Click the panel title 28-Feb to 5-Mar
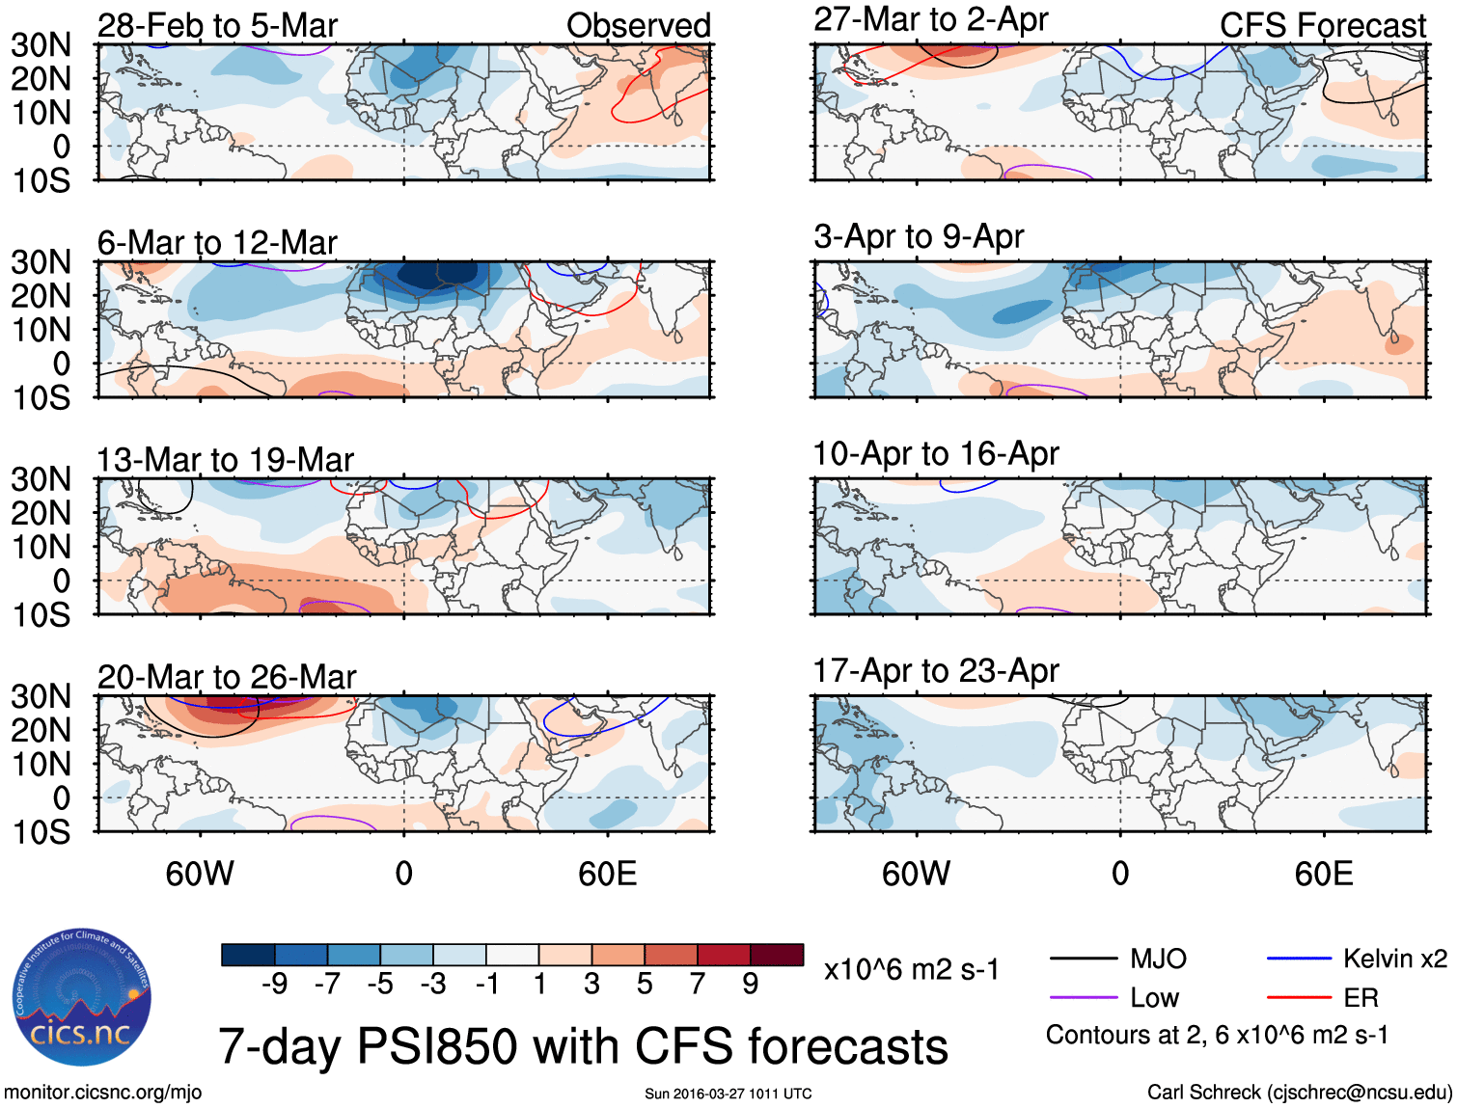217,26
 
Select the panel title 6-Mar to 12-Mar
217,243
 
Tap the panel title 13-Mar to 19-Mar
225,460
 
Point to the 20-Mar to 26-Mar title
227,677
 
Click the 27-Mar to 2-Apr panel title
930,19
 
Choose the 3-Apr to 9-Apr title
918,236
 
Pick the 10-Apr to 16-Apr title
935,453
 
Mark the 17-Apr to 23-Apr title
935,670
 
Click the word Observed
638,26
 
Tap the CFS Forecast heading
1322,26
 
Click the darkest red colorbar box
777,955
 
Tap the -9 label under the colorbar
274,984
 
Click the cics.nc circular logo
82,998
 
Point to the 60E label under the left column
607,874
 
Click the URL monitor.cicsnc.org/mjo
102,1092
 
